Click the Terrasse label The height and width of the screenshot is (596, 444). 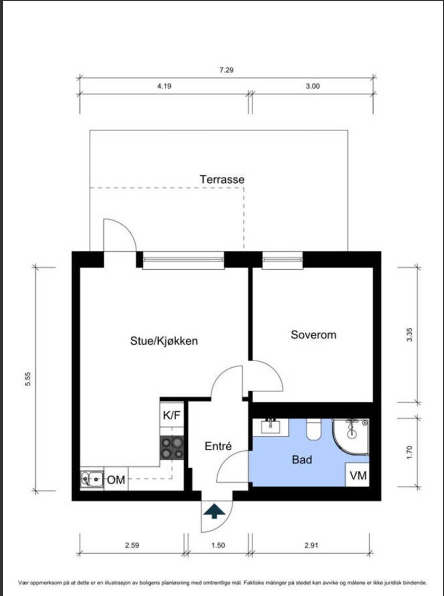tap(222, 179)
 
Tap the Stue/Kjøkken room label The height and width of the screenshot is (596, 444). tap(164, 340)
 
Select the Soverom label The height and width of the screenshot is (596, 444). tap(313, 335)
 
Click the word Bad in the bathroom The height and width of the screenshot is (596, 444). tap(302, 460)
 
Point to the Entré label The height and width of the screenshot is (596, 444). tap(218, 446)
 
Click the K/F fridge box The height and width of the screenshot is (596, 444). tap(172, 415)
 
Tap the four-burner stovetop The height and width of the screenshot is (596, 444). tap(172, 448)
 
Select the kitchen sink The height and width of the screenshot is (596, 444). tap(92, 479)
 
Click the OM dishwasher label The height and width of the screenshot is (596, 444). tap(116, 480)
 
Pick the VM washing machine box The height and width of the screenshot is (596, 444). tap(358, 475)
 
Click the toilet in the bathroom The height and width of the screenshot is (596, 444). tap(314, 429)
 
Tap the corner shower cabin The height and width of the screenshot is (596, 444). tap(351, 437)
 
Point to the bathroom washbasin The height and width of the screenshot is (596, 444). tap(271, 427)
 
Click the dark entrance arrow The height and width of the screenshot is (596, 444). tap(214, 511)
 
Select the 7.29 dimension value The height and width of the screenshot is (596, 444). tap(226, 70)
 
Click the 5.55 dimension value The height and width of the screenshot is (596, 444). tap(28, 379)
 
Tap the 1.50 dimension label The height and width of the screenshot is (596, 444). tap(218, 545)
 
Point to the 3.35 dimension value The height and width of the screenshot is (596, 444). tap(409, 335)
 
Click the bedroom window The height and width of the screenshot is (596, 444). tap(283, 260)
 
